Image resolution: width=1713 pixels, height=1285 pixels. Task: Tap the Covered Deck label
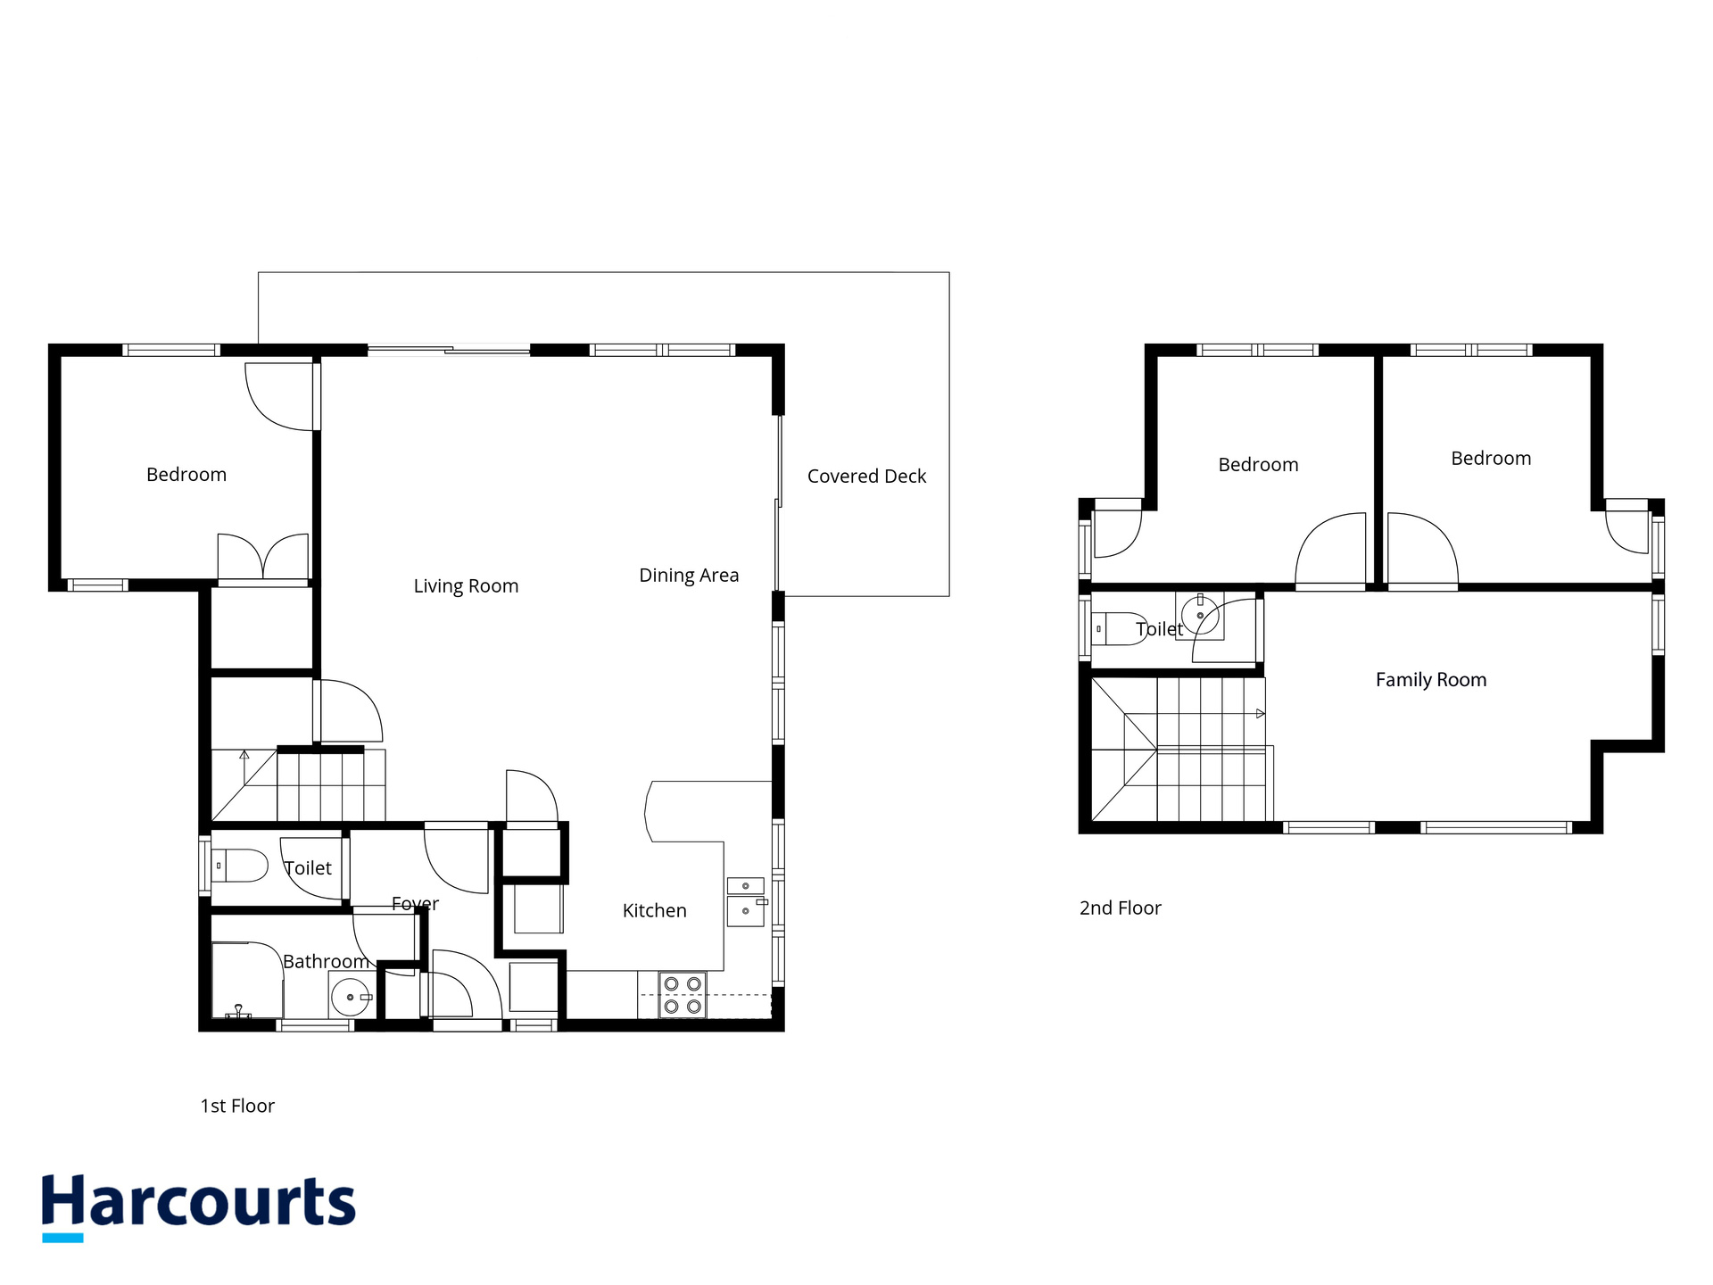click(x=866, y=477)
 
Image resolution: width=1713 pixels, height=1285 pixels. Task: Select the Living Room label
click(x=466, y=585)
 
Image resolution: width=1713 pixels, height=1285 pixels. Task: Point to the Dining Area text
click(x=689, y=576)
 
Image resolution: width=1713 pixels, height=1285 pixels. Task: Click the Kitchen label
click(x=654, y=910)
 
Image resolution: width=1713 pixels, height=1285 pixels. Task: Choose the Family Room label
click(x=1431, y=680)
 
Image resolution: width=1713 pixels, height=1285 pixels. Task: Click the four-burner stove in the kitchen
click(x=683, y=995)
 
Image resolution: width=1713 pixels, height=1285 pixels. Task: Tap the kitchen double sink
click(x=746, y=901)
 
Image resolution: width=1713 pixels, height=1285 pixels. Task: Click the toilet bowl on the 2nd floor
click(x=1119, y=629)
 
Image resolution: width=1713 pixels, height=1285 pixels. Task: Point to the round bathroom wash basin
click(x=351, y=997)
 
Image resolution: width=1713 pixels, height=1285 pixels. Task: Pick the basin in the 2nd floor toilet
click(x=1200, y=615)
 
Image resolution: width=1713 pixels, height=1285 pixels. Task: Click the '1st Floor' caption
click(x=237, y=1106)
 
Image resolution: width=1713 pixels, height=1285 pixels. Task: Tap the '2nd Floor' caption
click(x=1121, y=908)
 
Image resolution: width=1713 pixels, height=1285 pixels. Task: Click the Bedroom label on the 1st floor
click(x=186, y=475)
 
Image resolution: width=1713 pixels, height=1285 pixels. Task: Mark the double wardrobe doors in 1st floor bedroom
click(x=263, y=559)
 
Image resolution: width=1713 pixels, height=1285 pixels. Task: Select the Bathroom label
click(x=326, y=961)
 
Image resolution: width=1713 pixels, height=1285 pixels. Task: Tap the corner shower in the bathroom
click(x=247, y=980)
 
